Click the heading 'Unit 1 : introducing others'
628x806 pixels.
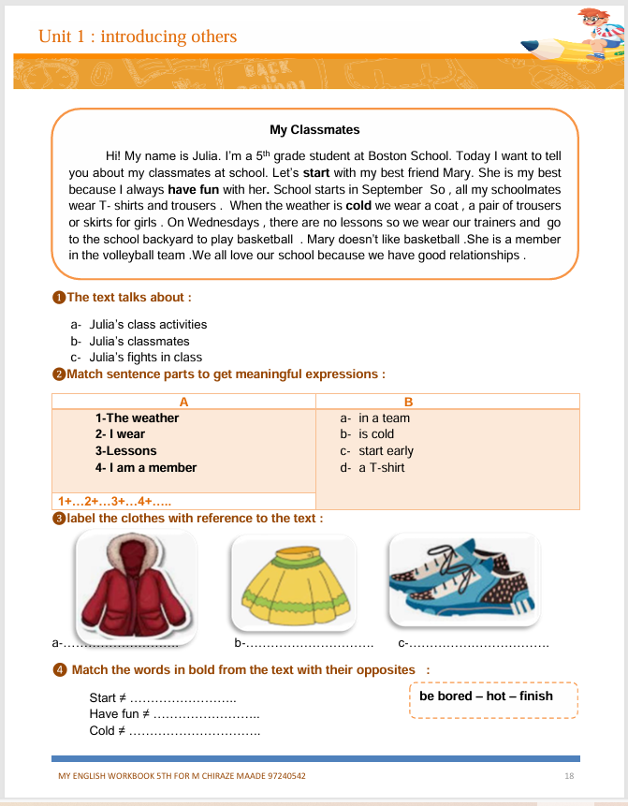click(x=138, y=37)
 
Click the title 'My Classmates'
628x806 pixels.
click(x=314, y=130)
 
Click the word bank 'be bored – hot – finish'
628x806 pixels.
click(x=486, y=696)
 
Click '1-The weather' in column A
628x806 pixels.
click(x=137, y=418)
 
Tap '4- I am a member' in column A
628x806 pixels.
click(x=146, y=467)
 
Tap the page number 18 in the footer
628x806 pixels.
click(x=569, y=776)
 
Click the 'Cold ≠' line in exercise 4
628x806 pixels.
click(x=174, y=730)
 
